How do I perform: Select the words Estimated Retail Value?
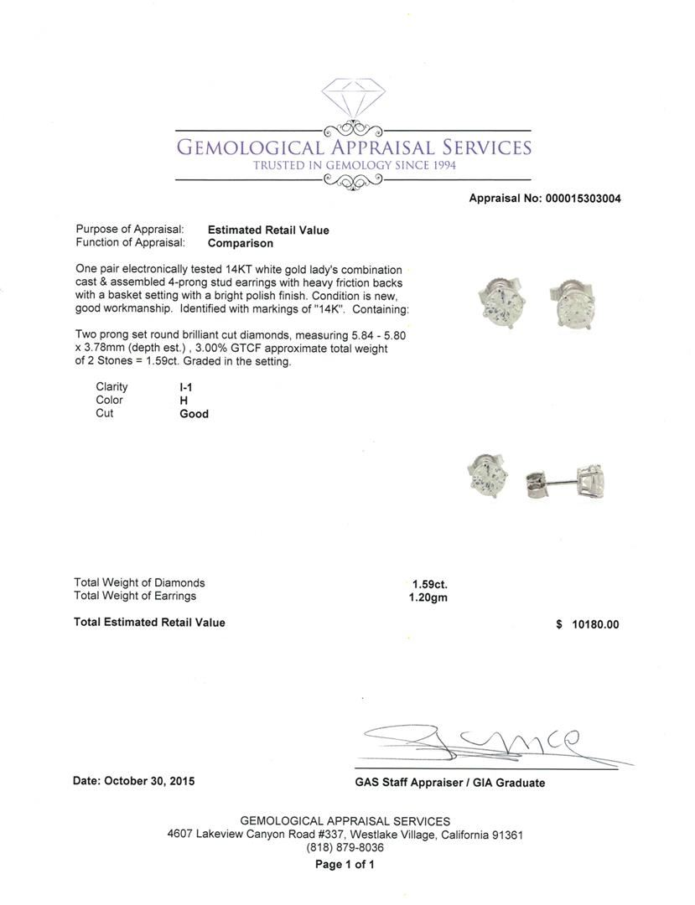(268, 230)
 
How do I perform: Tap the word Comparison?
(241, 243)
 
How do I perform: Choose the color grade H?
(184, 401)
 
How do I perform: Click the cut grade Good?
(194, 414)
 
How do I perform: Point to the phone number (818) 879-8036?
(345, 848)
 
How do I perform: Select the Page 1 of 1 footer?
(345, 865)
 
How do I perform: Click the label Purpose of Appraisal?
(130, 230)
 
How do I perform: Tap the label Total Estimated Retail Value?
(149, 622)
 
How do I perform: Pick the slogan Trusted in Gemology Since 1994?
(354, 166)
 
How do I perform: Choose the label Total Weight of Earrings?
(135, 596)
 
